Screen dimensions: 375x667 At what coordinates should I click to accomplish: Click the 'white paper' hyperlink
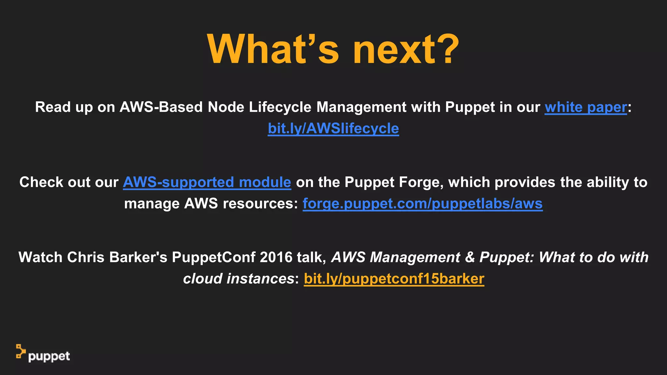[x=586, y=107]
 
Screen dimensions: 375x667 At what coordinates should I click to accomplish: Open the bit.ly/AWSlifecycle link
[x=333, y=129]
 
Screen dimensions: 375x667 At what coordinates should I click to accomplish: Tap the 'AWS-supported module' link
[x=207, y=182]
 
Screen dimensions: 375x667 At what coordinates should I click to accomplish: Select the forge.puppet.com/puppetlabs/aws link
[x=422, y=204]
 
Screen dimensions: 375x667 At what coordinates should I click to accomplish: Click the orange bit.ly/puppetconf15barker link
[x=394, y=279]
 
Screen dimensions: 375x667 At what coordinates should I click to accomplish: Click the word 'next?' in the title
[x=406, y=49]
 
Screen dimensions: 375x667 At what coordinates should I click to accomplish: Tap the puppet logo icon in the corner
[x=21, y=351]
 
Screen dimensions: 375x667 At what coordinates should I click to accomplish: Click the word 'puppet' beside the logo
[x=49, y=357]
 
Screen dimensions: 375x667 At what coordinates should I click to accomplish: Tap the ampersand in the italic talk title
[x=470, y=257]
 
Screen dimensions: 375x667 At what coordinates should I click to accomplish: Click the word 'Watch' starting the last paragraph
[x=40, y=257]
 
